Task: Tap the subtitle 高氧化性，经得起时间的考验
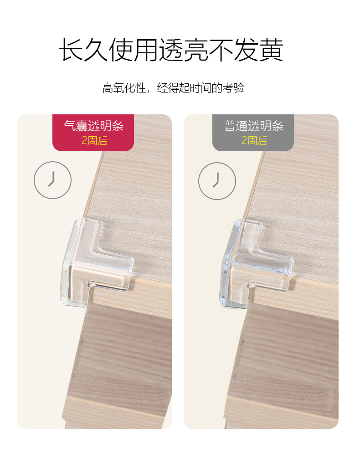click(173, 88)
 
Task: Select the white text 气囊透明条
click(93, 125)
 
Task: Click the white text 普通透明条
click(253, 125)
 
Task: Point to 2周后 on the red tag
click(94, 140)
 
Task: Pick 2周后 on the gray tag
click(254, 140)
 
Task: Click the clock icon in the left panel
click(53, 180)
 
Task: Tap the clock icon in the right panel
click(217, 181)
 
